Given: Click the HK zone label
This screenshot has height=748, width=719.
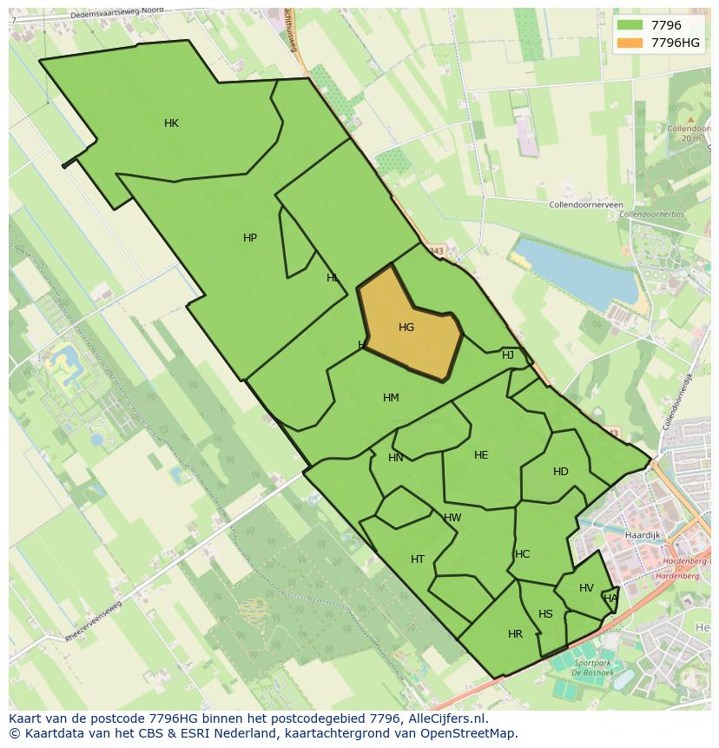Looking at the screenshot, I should point(171,123).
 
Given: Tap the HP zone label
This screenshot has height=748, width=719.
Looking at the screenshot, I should point(250,238).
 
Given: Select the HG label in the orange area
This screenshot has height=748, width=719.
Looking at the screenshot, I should point(406,328).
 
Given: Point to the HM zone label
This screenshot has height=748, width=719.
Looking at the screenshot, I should point(391,398).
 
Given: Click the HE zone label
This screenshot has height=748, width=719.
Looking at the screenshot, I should point(481,455).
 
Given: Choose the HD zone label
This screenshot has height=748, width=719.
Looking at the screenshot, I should point(561,472).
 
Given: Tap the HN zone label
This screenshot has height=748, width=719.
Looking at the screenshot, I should point(396,458).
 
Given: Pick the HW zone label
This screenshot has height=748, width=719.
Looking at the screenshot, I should point(452,518).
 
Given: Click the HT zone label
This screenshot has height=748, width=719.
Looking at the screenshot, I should point(418,559).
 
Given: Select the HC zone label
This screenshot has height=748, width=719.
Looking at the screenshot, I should point(522,554).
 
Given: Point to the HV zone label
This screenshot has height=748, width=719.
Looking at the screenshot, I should point(586,588).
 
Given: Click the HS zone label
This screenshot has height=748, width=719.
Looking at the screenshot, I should point(545,614).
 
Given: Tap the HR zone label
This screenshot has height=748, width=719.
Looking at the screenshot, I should point(515,634).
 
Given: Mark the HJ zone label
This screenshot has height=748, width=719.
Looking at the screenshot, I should point(508,355).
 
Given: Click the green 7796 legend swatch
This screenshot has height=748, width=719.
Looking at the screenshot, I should point(630,25).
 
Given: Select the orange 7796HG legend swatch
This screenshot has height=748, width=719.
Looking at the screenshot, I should point(630,43).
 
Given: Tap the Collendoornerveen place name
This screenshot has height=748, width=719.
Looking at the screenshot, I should point(586,205).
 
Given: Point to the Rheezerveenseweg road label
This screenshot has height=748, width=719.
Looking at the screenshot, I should point(101,622).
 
